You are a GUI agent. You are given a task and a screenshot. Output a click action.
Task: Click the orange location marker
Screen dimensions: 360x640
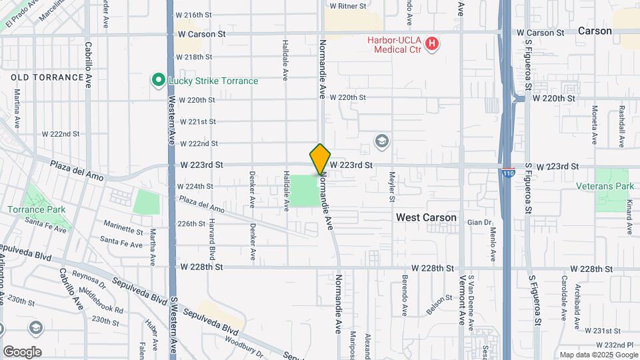[320, 159]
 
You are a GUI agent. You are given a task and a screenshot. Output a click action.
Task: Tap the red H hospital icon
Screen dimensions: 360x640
[432, 44]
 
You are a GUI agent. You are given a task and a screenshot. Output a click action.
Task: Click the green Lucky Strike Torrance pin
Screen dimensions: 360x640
[159, 81]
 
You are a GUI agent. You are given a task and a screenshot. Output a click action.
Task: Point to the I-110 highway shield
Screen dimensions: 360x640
[509, 171]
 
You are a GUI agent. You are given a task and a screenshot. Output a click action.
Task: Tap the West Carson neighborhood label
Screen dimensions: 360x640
[426, 217]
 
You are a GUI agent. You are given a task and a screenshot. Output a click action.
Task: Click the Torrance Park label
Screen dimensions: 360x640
[37, 209]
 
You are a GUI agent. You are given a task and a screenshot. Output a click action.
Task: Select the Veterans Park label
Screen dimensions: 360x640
[614, 187]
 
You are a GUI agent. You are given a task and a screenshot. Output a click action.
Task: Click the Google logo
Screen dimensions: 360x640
[21, 352]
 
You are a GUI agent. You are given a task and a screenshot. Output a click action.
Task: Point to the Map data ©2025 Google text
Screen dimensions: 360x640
[597, 355]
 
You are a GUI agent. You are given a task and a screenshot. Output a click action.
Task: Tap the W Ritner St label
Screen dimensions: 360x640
[345, 6]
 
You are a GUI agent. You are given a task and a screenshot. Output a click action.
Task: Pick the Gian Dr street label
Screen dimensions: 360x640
[479, 222]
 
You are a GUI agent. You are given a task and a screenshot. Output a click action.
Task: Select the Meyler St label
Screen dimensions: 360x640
[392, 187]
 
